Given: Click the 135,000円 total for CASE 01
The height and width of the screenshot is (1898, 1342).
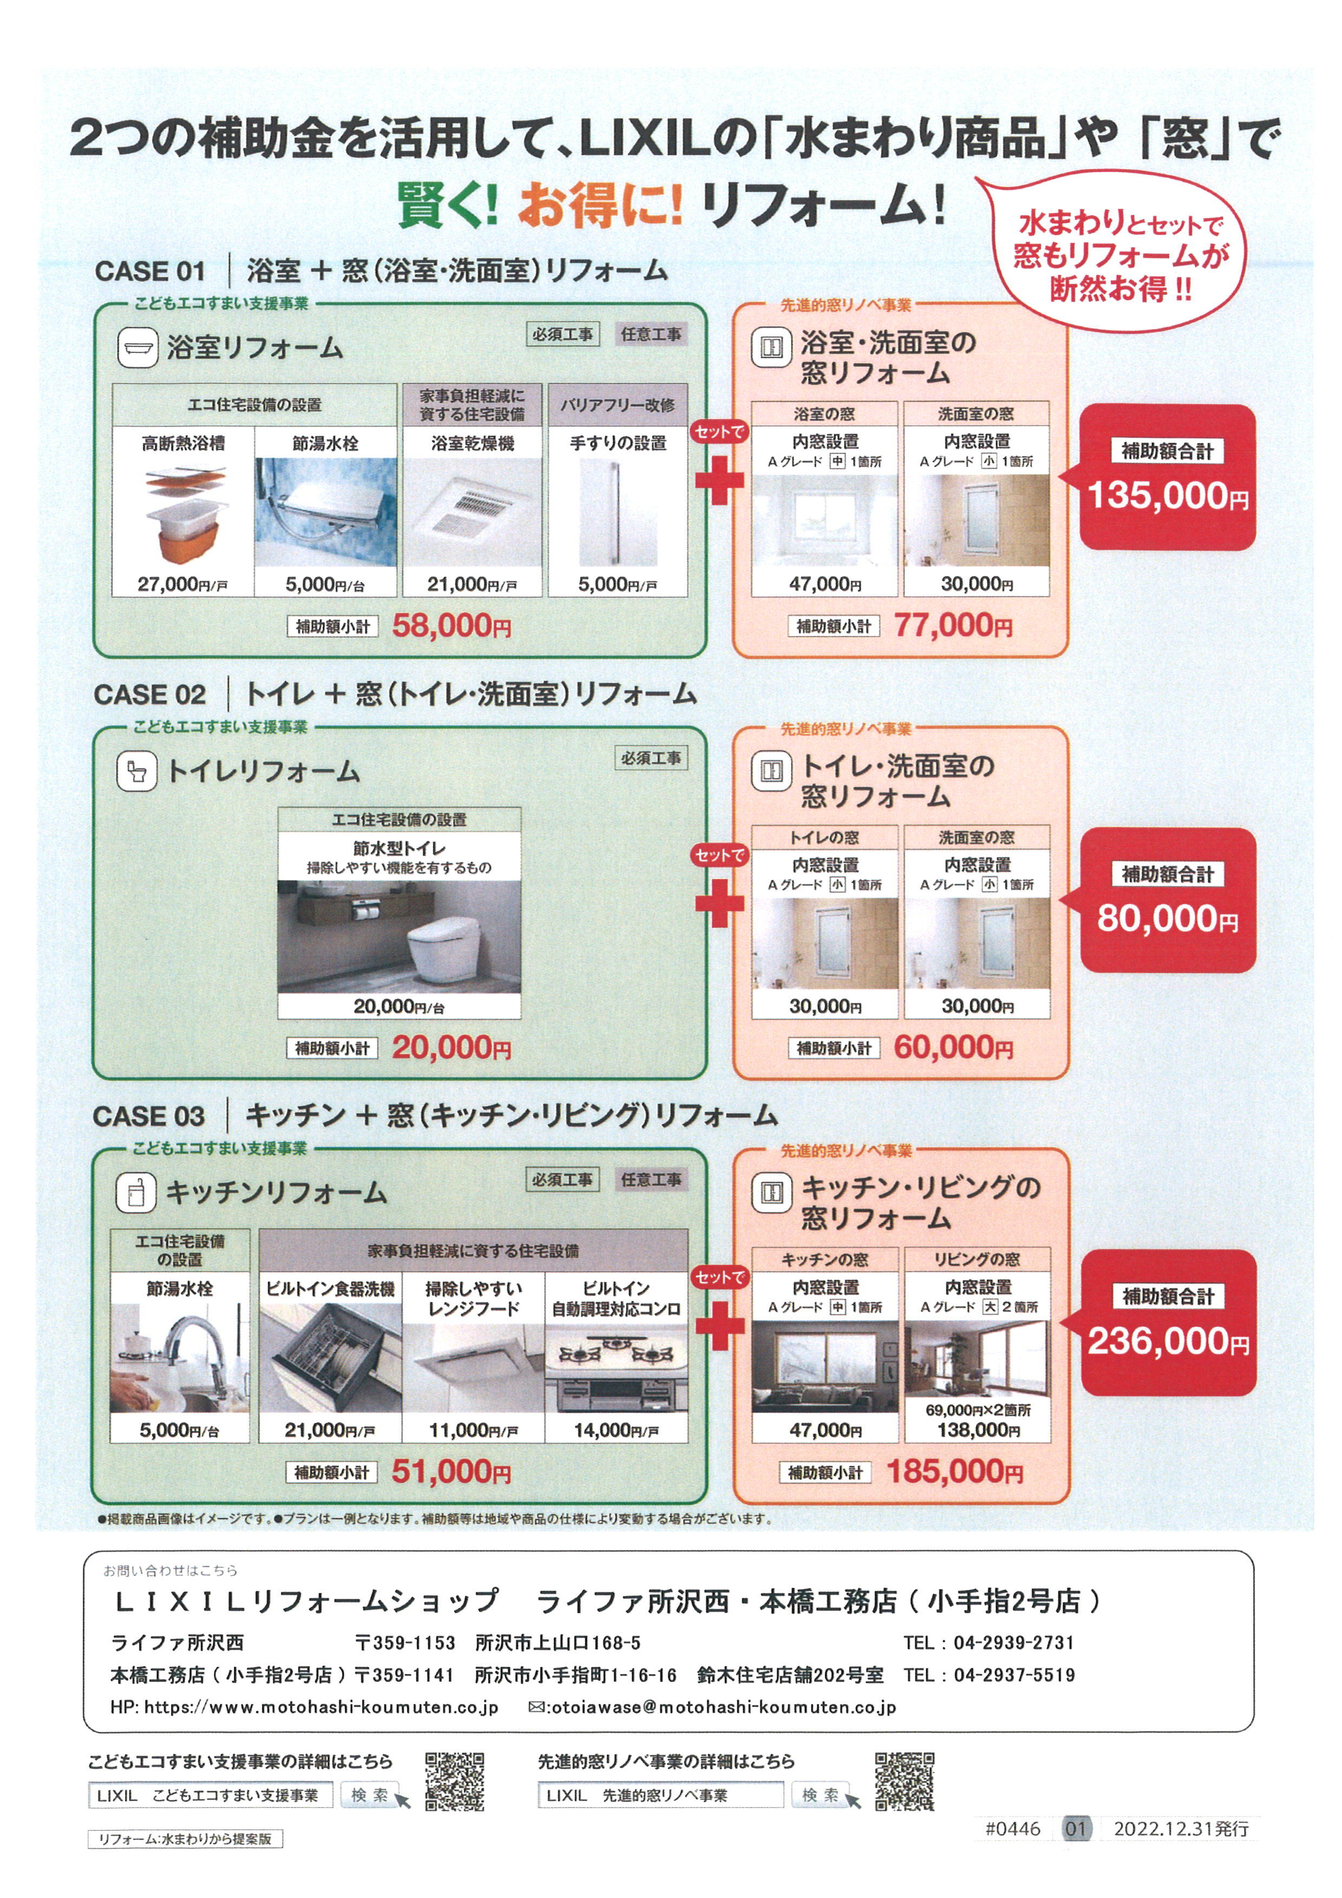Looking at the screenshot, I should [1167, 496].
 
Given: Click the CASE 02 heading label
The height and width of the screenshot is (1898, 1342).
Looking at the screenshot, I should [149, 694].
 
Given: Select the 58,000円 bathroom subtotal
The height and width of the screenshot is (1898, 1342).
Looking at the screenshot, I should [451, 626].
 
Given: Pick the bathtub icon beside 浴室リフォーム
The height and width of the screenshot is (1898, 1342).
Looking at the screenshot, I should [137, 347].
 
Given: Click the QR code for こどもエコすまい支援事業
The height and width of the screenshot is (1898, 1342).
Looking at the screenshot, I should [455, 1781].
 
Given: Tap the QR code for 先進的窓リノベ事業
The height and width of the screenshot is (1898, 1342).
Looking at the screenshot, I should [905, 1781].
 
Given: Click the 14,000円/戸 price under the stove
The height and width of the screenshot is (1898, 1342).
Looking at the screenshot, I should [616, 1430].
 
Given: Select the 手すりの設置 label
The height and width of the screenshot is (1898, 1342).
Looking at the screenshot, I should [618, 443].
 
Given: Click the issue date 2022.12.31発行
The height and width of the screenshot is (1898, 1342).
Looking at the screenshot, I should [1181, 1828].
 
